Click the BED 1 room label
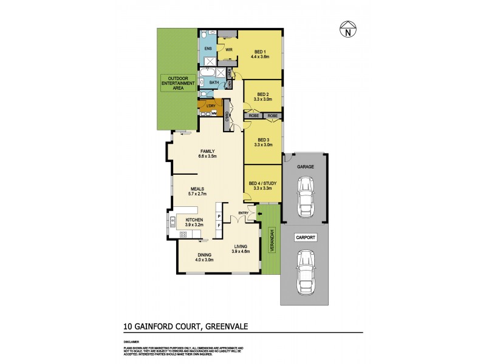(259, 52)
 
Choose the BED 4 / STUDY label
(263, 184)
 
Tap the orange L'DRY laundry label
(211, 107)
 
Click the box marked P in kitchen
(219, 215)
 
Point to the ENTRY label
(244, 212)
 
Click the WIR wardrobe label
(230, 49)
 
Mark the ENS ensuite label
(208, 48)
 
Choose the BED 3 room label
(263, 140)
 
